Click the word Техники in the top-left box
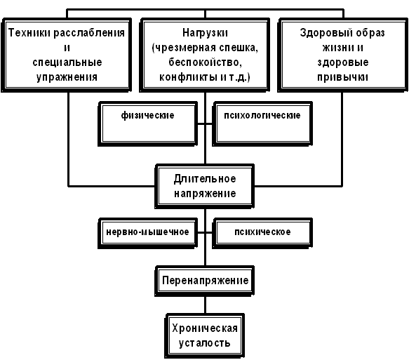29,33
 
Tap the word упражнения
67,78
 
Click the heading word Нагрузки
205,34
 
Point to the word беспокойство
205,62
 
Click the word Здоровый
320,34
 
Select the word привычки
343,77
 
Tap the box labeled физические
147,124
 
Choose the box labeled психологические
262,124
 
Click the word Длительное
205,179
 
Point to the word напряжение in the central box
205,194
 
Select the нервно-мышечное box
147,233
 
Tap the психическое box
262,233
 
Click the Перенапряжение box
205,281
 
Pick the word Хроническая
205,328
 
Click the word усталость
205,343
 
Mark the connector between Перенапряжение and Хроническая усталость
205,305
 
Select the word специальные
67,62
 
